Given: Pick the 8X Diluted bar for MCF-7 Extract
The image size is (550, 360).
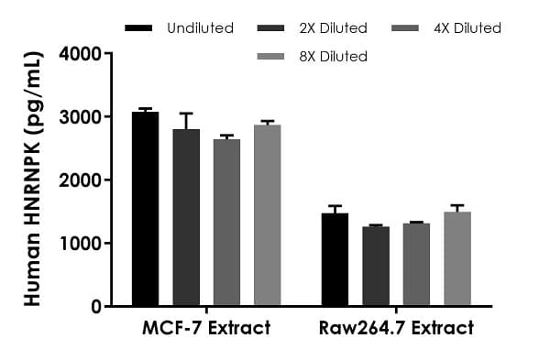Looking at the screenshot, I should pyautogui.click(x=267, y=215).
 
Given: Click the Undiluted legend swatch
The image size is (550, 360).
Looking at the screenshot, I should pyautogui.click(x=137, y=28).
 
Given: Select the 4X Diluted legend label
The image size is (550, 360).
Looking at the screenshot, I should pyautogui.click(x=468, y=28).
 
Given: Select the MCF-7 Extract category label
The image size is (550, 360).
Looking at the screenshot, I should pyautogui.click(x=206, y=328).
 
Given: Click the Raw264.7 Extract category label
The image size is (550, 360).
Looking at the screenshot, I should pyautogui.click(x=396, y=328).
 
